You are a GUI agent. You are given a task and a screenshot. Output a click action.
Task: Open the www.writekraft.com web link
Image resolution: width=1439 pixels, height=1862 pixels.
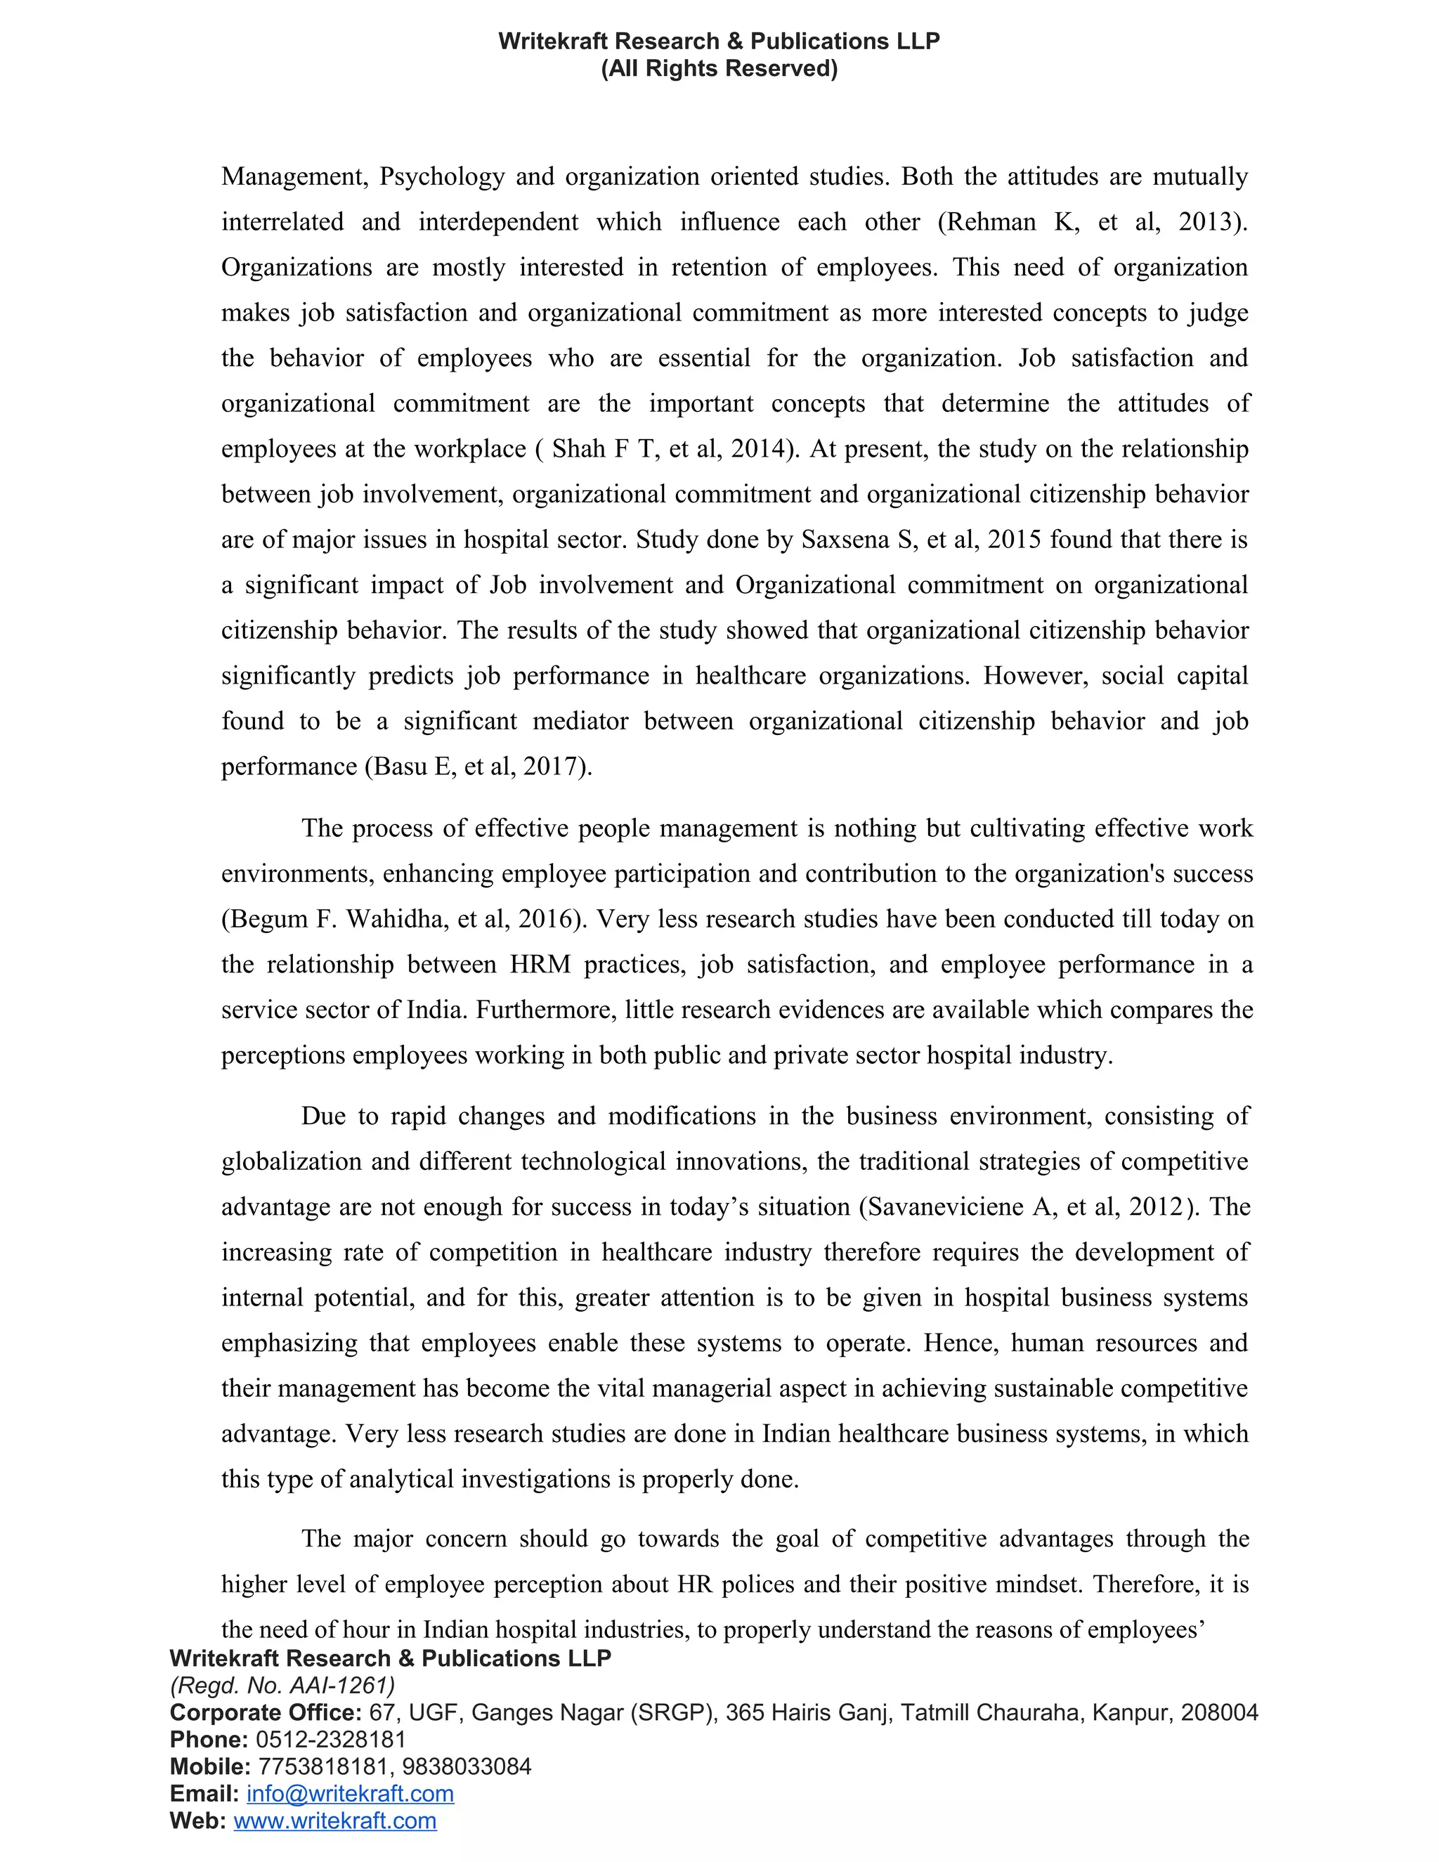click(335, 1821)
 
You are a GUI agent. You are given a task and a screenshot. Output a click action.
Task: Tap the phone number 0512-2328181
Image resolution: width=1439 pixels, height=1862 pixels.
click(331, 1739)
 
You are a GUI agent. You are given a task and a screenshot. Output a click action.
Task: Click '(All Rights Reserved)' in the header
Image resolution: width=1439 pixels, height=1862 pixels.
click(719, 68)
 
